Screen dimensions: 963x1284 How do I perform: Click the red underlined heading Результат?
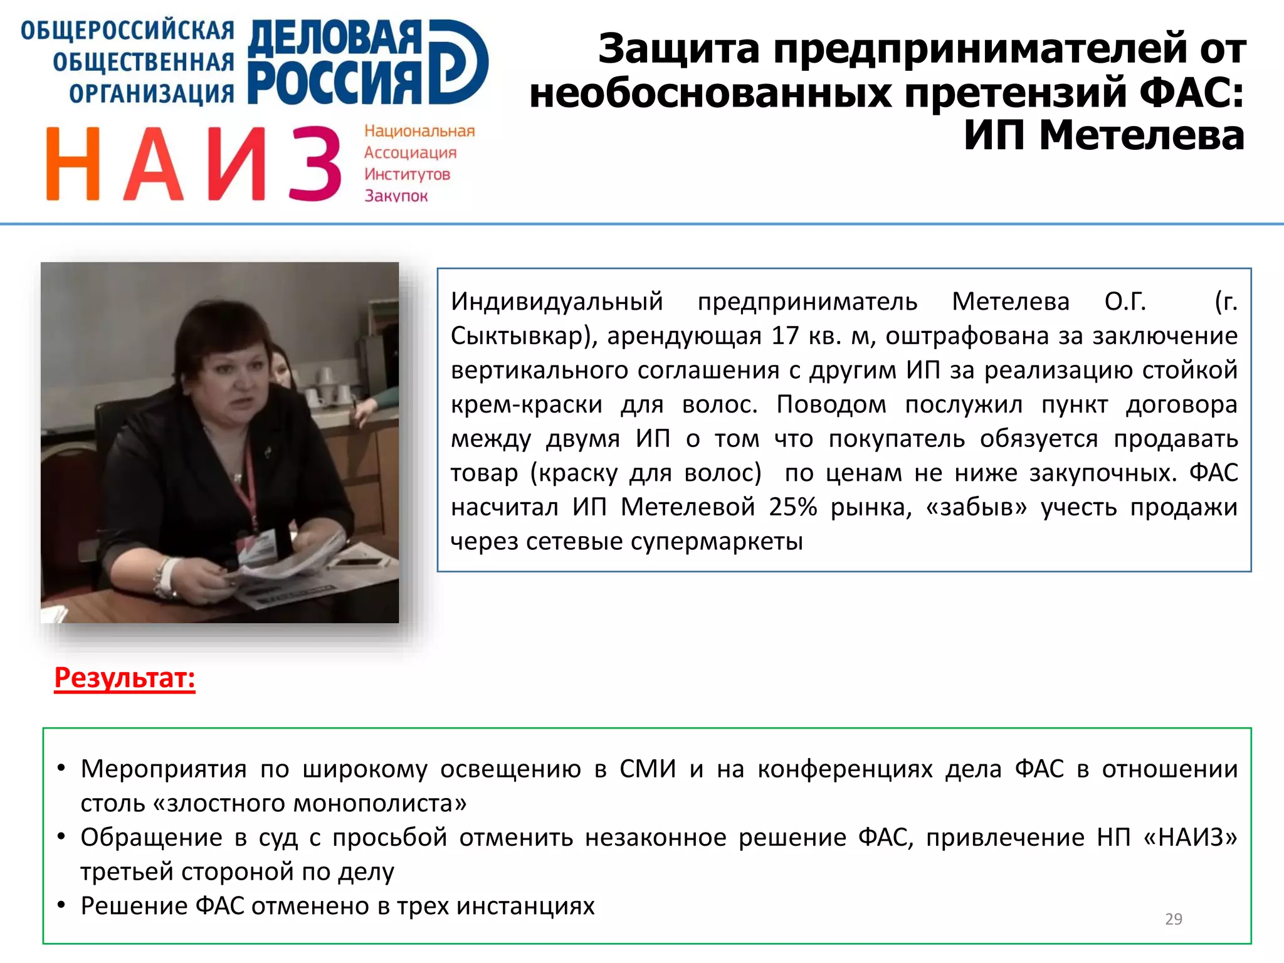[125, 678]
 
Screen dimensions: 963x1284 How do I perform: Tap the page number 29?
[1173, 919]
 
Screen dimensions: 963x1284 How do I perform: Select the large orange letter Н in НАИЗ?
[73, 164]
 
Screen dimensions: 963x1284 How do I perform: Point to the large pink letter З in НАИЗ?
[315, 164]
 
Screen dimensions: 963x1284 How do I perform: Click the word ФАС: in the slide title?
[1191, 92]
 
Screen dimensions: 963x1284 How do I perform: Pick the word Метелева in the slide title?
[1141, 135]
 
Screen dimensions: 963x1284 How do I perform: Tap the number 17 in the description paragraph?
[784, 336]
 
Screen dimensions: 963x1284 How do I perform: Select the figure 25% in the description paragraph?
[793, 507]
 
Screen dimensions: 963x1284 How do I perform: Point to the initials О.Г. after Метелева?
[1125, 302]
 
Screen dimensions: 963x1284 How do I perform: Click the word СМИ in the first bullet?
[648, 769]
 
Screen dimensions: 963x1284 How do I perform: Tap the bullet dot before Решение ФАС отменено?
[61, 905]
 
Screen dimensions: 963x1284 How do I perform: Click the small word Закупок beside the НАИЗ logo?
[396, 196]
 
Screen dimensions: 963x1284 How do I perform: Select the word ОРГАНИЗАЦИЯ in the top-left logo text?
[151, 94]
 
